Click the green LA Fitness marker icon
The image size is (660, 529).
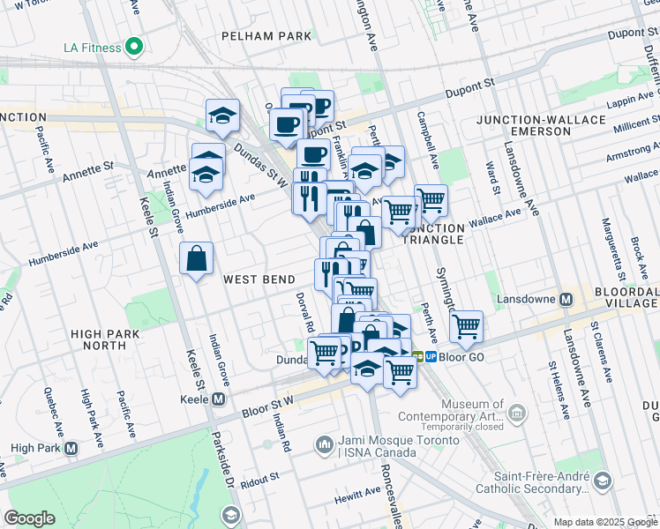tap(134, 46)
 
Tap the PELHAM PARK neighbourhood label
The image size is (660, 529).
tap(267, 36)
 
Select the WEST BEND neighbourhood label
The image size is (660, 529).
tap(259, 279)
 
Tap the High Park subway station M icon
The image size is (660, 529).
tap(71, 448)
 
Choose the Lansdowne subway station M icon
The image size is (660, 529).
tap(566, 300)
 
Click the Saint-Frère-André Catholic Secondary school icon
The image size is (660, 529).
tap(602, 481)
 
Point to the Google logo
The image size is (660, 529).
tap(29, 518)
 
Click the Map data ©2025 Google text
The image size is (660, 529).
tap(604, 522)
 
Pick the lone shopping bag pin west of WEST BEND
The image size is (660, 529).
tap(197, 259)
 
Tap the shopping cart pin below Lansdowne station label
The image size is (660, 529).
tap(466, 327)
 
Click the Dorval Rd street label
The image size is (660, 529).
tap(305, 312)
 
